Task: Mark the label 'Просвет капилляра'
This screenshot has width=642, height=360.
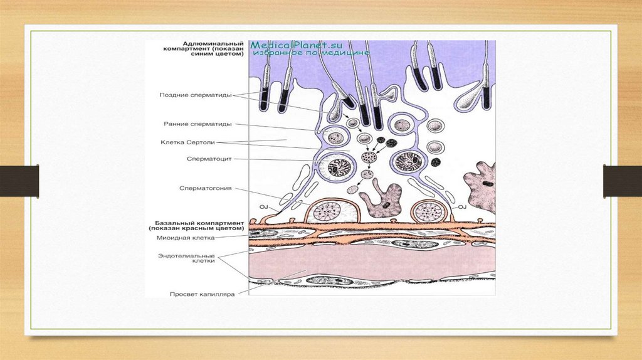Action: (193, 293)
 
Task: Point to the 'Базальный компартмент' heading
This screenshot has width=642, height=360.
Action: (194, 225)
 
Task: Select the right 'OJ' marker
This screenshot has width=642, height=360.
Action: (463, 206)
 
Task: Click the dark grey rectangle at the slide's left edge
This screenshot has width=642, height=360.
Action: (19, 181)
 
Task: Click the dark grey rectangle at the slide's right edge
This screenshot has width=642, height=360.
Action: (623, 181)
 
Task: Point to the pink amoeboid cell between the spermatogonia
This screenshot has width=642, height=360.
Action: (381, 201)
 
